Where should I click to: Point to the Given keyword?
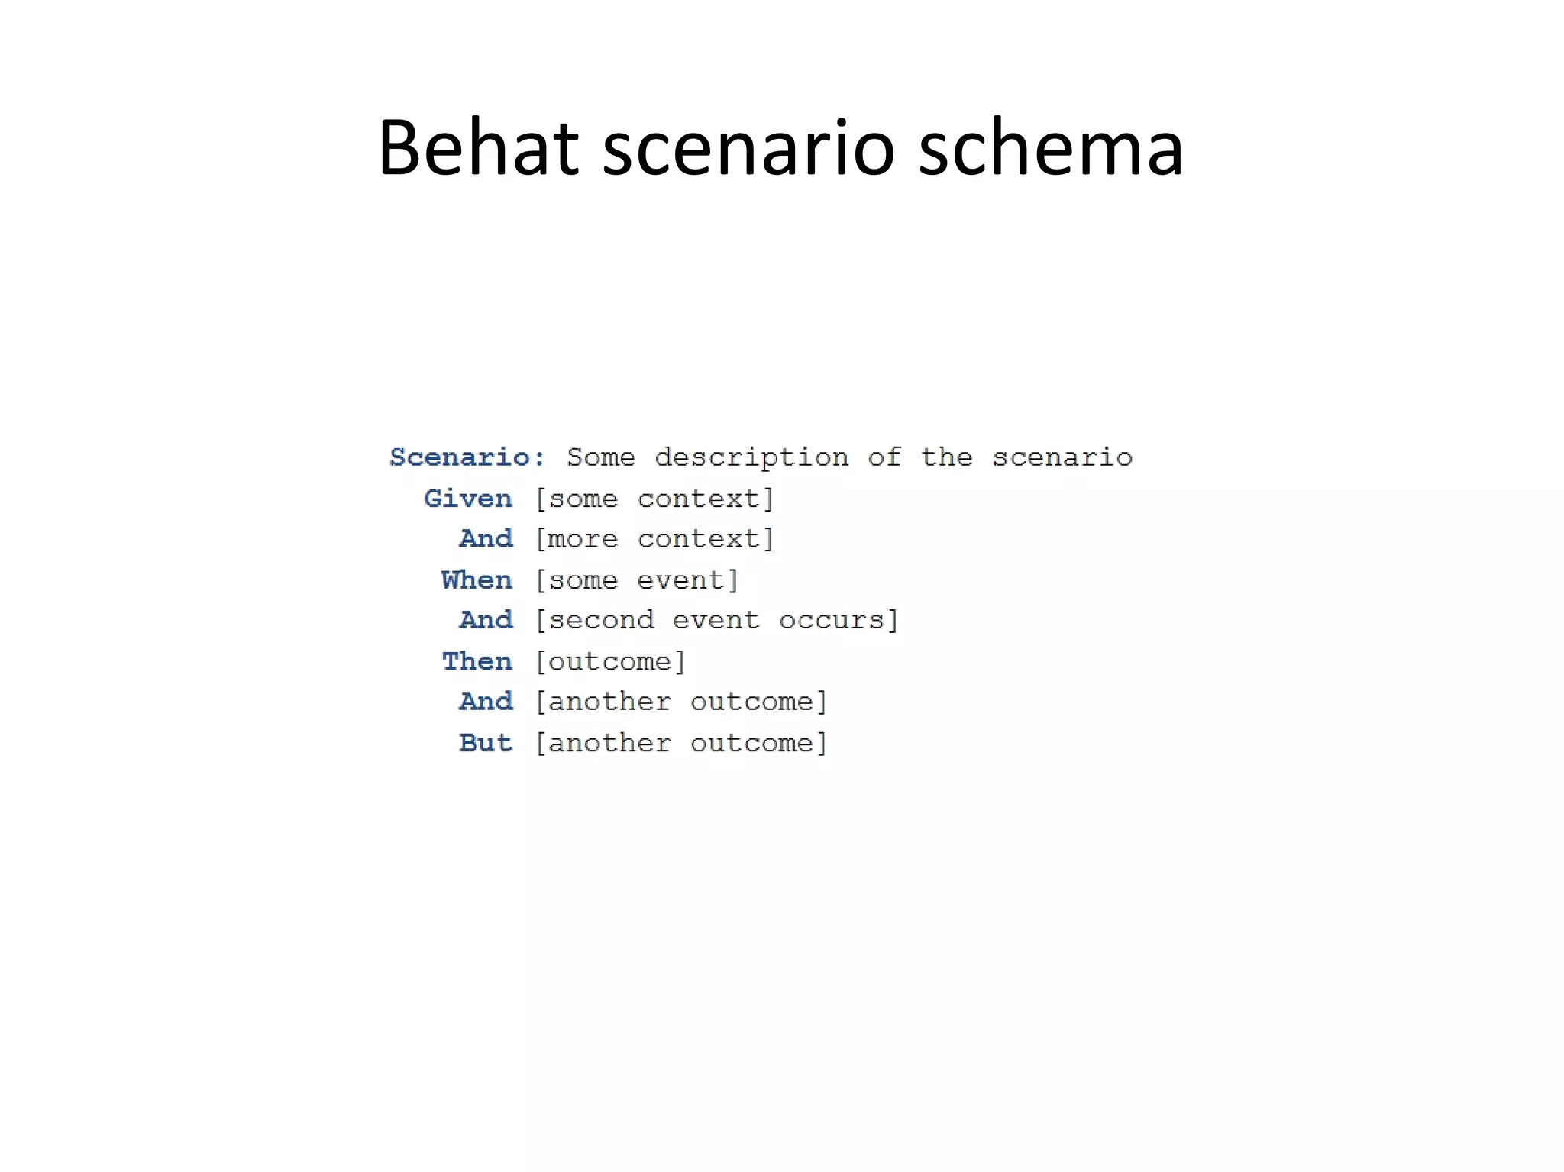tap(468, 499)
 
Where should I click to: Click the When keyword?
tap(477, 580)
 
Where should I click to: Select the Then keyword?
tap(477, 661)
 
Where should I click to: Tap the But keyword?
tap(486, 743)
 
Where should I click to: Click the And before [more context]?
tap(486, 539)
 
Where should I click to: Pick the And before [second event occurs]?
tap(486, 620)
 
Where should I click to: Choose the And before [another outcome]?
tap(486, 702)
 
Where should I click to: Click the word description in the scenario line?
tap(751, 458)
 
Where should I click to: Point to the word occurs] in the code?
tap(839, 620)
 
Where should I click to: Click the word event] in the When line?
tap(688, 580)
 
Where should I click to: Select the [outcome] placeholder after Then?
tap(609, 661)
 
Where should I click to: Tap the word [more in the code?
tap(576, 539)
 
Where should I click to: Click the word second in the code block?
tap(600, 620)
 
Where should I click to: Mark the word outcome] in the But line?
tap(759, 743)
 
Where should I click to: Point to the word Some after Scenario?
tap(601, 457)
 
